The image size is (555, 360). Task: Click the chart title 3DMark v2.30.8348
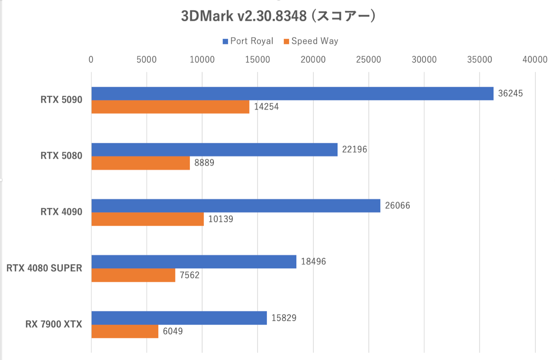(x=278, y=16)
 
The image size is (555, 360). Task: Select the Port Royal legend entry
(x=248, y=41)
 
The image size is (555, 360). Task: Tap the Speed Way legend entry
(x=311, y=41)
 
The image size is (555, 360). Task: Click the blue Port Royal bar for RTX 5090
(x=292, y=94)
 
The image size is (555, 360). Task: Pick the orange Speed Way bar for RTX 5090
(x=170, y=107)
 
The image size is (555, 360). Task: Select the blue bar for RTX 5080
(x=214, y=149)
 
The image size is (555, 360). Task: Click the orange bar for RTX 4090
(x=147, y=219)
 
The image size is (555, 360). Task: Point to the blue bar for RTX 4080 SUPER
(x=194, y=262)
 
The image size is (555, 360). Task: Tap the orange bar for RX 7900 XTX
(x=125, y=331)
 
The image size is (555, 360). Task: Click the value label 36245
(x=510, y=94)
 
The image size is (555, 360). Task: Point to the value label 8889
(x=204, y=163)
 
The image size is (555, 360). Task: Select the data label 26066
(x=397, y=206)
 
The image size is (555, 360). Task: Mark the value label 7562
(x=189, y=275)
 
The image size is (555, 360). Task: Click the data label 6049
(x=173, y=331)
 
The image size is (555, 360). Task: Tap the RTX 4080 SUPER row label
(x=44, y=268)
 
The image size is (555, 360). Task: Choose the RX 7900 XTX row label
(x=53, y=324)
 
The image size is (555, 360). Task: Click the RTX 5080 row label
(x=61, y=156)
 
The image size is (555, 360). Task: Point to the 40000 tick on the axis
(x=535, y=59)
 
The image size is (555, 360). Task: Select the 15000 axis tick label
(x=258, y=59)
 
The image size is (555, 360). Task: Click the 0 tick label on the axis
(x=91, y=59)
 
